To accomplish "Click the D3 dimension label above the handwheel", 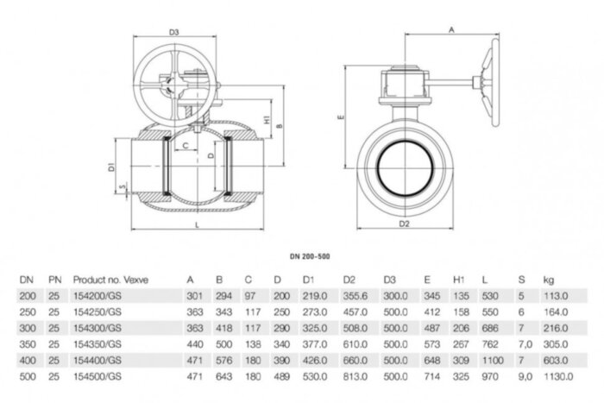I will [174, 32].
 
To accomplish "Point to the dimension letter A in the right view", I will [451, 28].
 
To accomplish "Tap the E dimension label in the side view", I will [342, 115].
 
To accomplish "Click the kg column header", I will [548, 280].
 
